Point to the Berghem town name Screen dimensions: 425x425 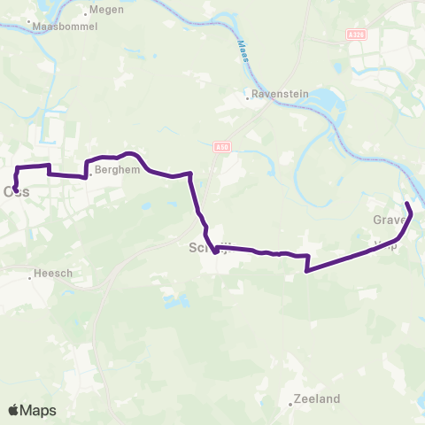point(118,169)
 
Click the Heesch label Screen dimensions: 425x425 point(54,274)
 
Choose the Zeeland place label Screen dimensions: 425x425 point(316,399)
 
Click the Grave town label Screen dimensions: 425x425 point(389,220)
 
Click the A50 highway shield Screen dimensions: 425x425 point(221,148)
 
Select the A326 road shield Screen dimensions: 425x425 point(355,35)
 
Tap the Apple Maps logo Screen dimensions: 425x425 point(32,410)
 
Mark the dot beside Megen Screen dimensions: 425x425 point(85,13)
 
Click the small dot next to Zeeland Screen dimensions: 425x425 point(290,405)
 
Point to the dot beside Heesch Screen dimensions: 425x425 point(30,277)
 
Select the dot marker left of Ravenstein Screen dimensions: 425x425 point(248,97)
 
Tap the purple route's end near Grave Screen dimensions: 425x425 point(407,205)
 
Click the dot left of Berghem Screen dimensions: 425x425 point(89,174)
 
